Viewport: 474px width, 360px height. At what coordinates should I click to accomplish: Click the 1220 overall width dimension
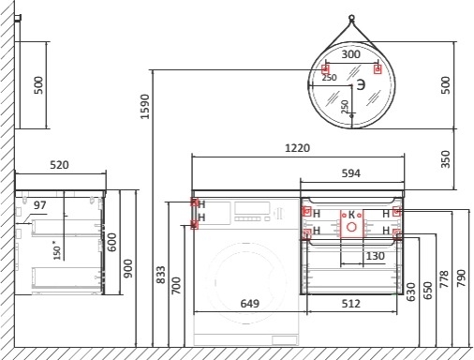[297, 148]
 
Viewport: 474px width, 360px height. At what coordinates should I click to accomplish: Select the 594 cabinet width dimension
[350, 173]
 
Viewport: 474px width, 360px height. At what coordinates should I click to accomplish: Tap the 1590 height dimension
[145, 107]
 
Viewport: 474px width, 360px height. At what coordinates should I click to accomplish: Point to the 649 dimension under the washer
[250, 304]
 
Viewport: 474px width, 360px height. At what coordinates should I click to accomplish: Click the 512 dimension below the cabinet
[351, 304]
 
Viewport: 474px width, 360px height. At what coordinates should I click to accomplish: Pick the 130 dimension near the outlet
[375, 256]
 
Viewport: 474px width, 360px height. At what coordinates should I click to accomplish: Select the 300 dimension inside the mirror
[350, 54]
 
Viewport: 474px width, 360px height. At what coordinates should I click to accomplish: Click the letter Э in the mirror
[361, 84]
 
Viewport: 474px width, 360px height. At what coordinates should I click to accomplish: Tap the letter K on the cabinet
[351, 215]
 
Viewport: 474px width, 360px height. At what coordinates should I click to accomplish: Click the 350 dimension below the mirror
[446, 159]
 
